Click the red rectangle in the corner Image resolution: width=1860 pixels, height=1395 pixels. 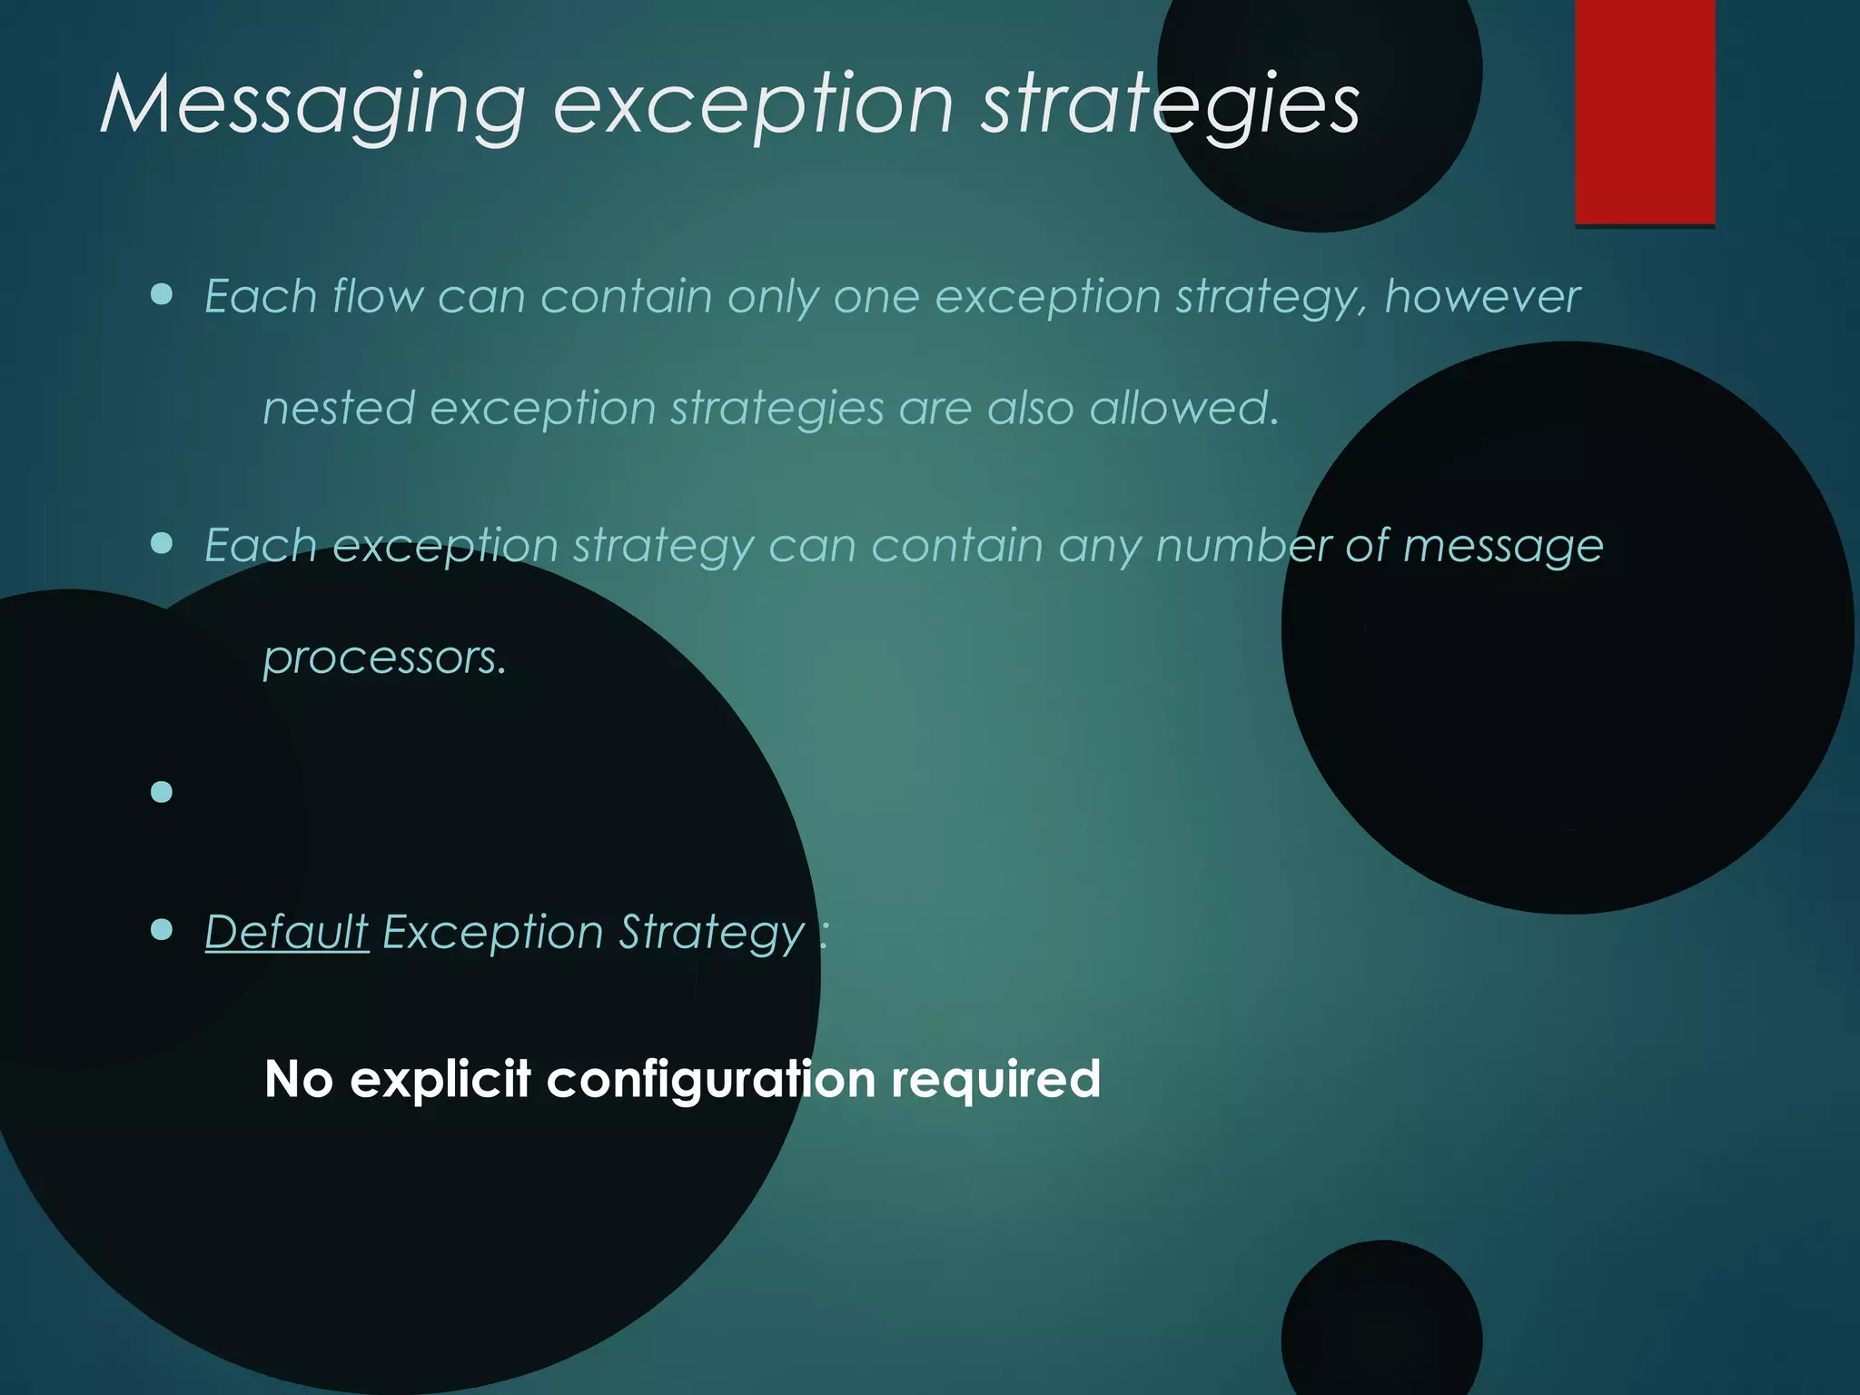tap(1645, 111)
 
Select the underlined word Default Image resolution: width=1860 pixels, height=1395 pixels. tap(287, 932)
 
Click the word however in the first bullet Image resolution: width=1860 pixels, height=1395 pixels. tap(1482, 296)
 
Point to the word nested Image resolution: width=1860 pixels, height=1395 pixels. tap(339, 408)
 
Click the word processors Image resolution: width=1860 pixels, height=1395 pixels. tap(384, 657)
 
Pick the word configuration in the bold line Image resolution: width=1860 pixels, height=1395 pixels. tap(710, 1079)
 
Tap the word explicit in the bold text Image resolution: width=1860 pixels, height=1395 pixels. tap(440, 1079)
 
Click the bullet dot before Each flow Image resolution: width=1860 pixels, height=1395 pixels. tap(162, 294)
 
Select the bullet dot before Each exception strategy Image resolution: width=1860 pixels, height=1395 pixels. tap(162, 543)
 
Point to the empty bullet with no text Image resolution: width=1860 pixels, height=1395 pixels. tap(162, 792)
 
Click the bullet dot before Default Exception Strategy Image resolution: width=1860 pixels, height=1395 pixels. tap(162, 930)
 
